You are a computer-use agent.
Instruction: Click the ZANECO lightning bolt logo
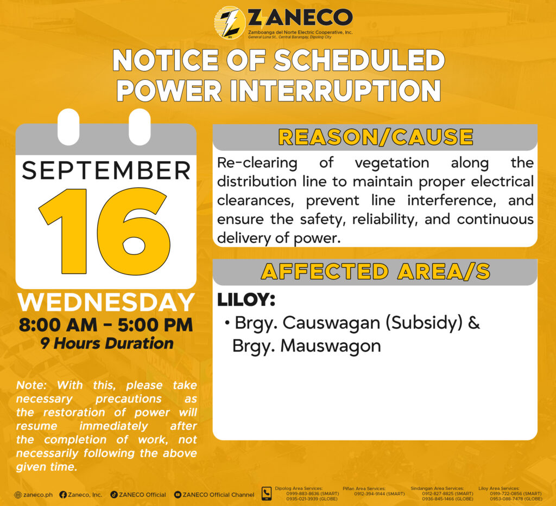coord(230,22)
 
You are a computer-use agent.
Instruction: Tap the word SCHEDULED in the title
coord(359,61)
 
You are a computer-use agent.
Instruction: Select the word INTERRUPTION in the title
coord(335,91)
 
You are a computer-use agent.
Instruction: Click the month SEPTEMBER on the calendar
coord(106,170)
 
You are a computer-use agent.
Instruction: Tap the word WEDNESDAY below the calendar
coord(106,303)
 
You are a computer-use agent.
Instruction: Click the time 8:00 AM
coord(58,325)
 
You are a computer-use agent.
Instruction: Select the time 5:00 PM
coord(155,325)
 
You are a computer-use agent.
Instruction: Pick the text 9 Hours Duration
coord(107,343)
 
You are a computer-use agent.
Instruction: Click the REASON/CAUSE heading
coord(376,137)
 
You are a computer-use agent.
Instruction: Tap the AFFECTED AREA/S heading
coord(376,272)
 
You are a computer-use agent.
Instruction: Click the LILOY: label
coord(246,299)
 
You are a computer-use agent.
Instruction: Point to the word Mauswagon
coord(331,347)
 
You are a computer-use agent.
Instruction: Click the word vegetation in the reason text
coord(392,163)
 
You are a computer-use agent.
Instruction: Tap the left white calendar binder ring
coord(68,127)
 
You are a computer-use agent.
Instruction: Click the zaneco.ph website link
coord(33,495)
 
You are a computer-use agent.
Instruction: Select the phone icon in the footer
coord(266,494)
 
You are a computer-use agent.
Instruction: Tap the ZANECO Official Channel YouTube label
coord(214,495)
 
